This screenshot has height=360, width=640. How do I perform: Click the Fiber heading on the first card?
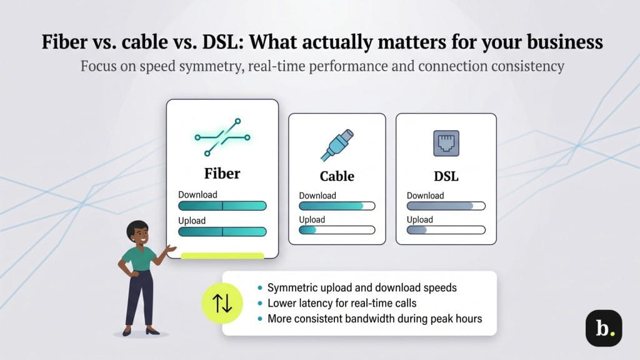[x=222, y=173]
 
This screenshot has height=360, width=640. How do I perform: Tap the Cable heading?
[x=337, y=176]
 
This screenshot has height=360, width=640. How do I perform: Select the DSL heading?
[x=446, y=176]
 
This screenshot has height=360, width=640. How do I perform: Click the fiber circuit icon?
[x=222, y=136]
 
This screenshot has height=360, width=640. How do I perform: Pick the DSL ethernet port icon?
[x=446, y=143]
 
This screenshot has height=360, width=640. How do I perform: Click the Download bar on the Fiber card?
[x=222, y=206]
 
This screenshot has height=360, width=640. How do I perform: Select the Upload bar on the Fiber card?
[x=222, y=232]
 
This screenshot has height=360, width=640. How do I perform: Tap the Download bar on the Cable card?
[x=337, y=206]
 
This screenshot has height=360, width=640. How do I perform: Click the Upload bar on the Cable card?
[x=337, y=230]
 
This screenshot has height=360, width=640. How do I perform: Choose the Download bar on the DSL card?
[x=446, y=206]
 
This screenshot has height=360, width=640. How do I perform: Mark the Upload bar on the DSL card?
[x=446, y=230]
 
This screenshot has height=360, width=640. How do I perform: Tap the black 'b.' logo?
[x=603, y=328]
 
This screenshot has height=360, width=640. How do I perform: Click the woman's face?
[x=138, y=234]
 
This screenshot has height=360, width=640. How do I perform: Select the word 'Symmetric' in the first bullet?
[x=292, y=288]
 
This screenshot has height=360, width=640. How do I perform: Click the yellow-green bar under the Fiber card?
[x=222, y=256]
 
